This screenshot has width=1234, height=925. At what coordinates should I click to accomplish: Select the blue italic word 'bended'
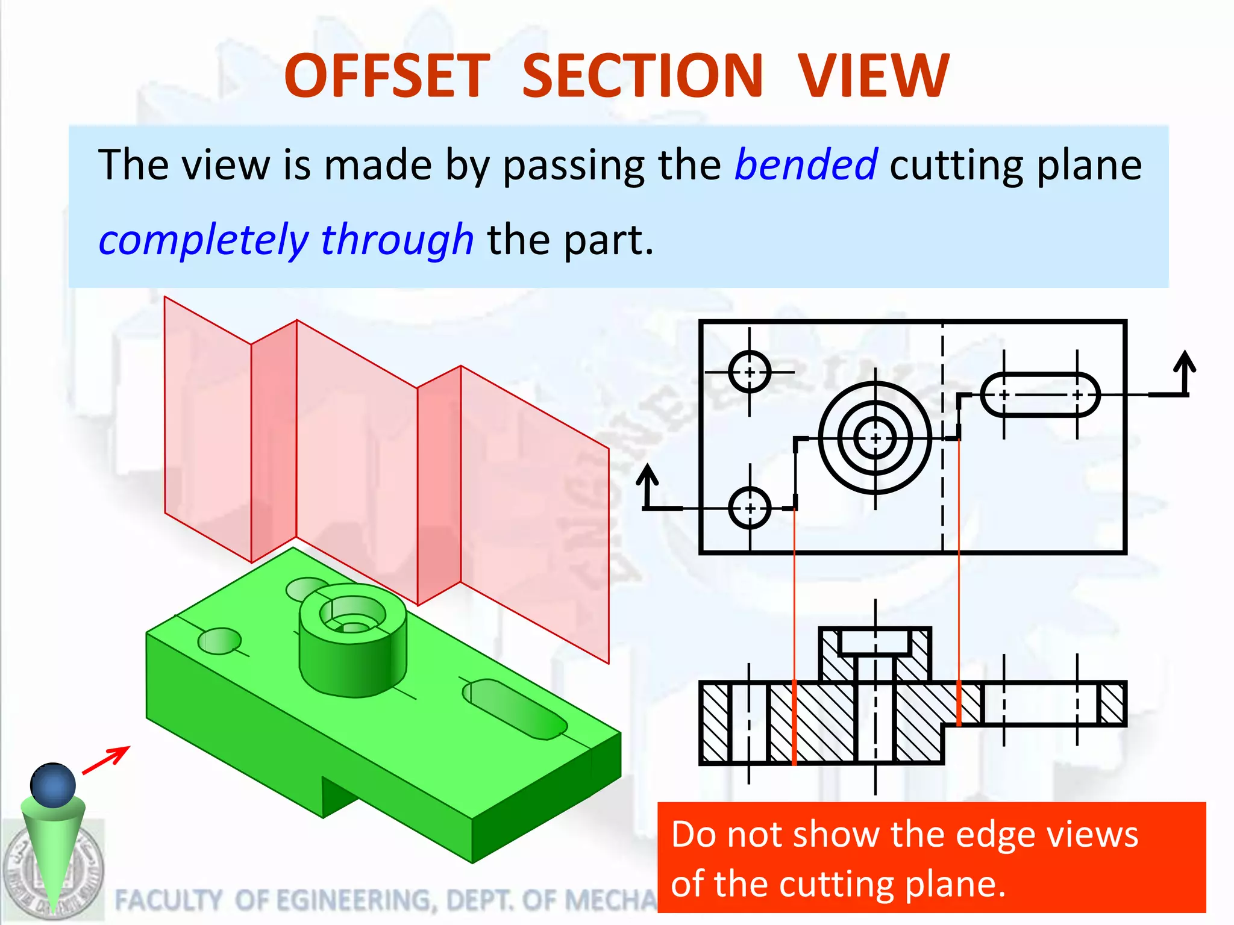click(806, 164)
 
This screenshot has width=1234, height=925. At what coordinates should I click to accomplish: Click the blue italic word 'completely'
click(203, 240)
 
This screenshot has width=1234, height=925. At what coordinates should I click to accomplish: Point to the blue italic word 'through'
click(397, 240)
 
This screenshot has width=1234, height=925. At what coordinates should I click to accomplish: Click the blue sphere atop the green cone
click(53, 785)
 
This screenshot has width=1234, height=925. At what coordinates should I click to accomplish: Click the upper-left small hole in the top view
click(750, 372)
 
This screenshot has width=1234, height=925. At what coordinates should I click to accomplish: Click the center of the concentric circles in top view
click(875, 438)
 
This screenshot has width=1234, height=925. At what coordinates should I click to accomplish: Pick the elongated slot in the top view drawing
click(1041, 395)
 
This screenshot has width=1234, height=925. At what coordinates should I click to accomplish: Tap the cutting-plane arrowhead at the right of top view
click(1186, 363)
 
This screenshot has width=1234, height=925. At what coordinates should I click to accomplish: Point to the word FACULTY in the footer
click(168, 900)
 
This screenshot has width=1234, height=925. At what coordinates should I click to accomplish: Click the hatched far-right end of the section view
click(1112, 703)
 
